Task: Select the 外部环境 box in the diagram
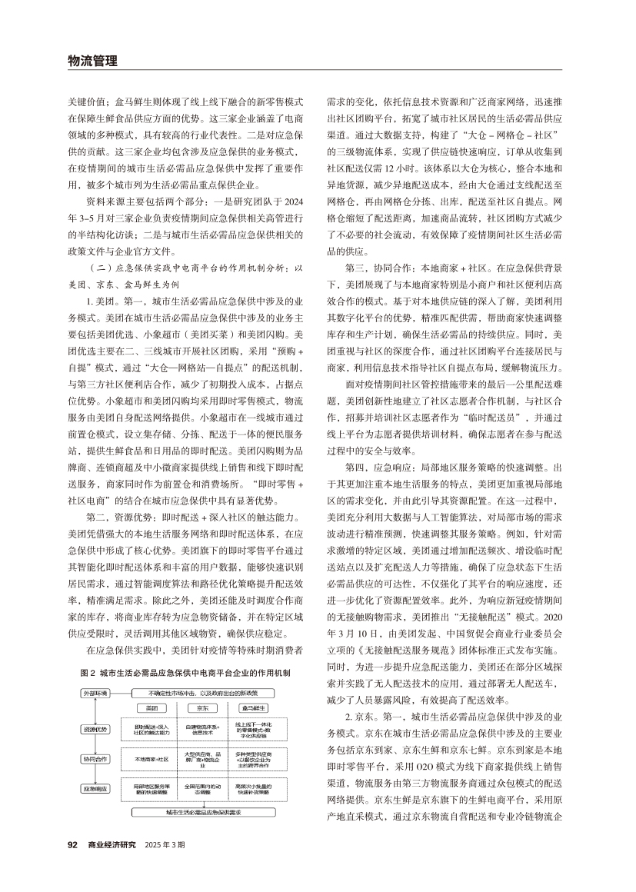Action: (95, 694)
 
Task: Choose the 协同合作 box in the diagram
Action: (95, 758)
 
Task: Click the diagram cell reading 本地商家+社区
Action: (151, 758)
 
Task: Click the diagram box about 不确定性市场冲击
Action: (202, 694)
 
